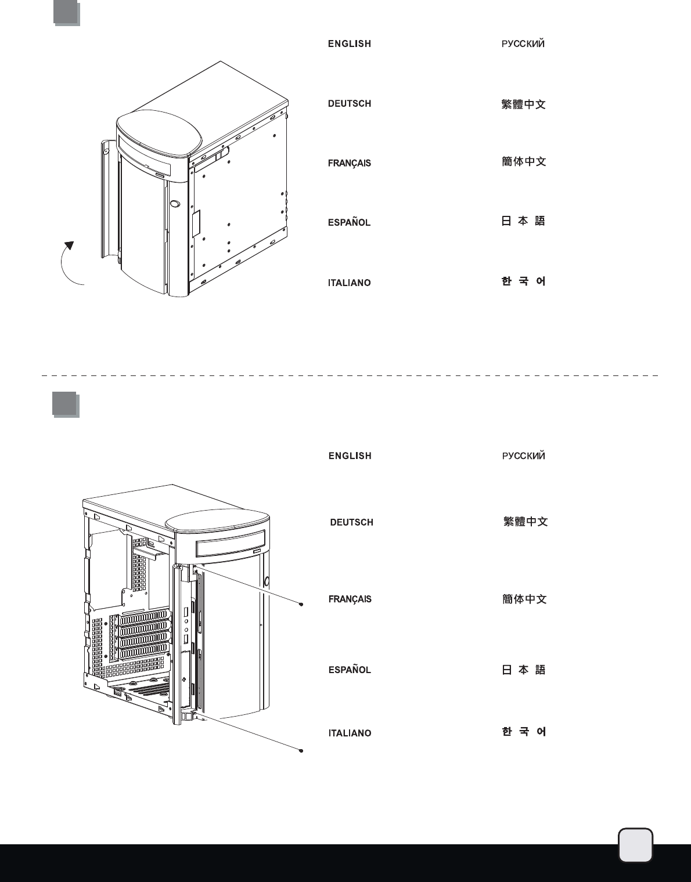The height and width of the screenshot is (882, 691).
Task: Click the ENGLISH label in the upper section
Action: (349, 44)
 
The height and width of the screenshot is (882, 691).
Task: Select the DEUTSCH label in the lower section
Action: (351, 522)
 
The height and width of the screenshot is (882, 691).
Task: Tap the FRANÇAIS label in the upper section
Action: (349, 163)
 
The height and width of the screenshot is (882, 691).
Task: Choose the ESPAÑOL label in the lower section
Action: (349, 670)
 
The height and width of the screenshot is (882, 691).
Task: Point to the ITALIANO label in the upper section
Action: (349, 283)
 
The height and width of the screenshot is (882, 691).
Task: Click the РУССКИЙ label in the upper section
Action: (523, 44)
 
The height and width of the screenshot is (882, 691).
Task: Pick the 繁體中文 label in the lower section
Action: (525, 522)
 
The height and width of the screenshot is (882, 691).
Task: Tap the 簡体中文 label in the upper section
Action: (524, 162)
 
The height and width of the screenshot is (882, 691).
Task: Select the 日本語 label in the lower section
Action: (523, 670)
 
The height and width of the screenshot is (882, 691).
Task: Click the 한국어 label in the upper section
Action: (523, 281)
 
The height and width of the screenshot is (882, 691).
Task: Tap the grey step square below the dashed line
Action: (64, 404)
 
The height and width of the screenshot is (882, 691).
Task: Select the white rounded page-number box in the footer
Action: (635, 845)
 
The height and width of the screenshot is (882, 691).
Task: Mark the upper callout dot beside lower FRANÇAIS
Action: (301, 604)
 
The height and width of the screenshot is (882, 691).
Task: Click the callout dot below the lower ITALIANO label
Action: (301, 750)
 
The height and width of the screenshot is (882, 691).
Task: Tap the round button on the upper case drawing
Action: (175, 204)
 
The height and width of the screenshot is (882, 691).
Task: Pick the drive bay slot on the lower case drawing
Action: (231, 545)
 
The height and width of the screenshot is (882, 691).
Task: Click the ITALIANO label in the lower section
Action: (350, 733)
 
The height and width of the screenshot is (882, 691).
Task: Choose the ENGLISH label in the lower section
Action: (350, 456)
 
